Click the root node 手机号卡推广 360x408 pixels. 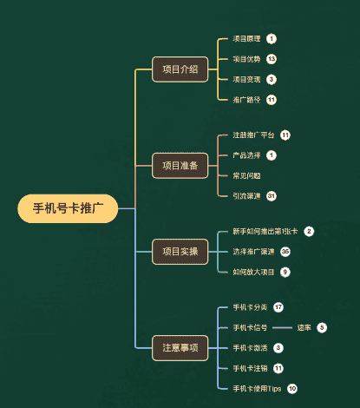coord(68,208)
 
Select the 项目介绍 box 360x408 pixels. coord(180,69)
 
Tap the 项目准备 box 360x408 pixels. coord(180,165)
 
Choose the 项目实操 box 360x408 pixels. coord(180,252)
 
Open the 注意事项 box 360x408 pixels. coord(180,347)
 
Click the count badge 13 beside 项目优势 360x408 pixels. coord(272,59)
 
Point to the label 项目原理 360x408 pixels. coord(246,39)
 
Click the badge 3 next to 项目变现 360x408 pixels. coord(272,79)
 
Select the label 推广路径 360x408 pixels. coord(246,99)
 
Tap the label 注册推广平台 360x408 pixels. coord(253,135)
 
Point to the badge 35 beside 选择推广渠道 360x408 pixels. coord(285,252)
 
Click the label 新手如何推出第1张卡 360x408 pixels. coord(265,232)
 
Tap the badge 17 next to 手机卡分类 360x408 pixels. coord(278,307)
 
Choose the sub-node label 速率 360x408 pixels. coord(304,327)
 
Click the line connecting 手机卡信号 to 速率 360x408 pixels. coord(283,327)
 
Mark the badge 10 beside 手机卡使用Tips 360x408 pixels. coord(292,388)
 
